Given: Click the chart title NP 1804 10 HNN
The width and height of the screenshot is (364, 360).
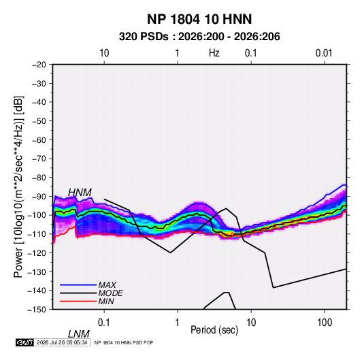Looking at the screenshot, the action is point(199,19).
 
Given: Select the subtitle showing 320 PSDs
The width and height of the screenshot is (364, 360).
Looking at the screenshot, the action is point(199,37).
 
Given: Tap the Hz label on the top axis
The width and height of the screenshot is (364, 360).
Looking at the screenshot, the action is point(214,53).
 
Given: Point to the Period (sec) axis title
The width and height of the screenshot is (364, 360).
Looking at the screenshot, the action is point(214,330).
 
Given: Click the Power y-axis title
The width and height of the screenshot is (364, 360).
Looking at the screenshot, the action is point(18,186).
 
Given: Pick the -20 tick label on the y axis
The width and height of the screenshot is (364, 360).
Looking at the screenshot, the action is point(39,65).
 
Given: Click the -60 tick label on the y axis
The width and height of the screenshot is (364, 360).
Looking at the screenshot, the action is point(39,140).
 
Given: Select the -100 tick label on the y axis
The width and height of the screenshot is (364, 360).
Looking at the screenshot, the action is point(37,215).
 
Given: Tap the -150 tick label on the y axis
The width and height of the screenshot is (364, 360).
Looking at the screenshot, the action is point(37,310).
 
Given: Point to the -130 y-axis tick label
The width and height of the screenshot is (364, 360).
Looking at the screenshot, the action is point(37,272).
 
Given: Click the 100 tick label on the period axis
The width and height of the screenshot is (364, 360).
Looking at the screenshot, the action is point(325,322).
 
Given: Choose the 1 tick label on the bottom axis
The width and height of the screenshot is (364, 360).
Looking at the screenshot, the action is point(178,322).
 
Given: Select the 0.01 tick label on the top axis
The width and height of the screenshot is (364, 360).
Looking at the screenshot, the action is point(324,53).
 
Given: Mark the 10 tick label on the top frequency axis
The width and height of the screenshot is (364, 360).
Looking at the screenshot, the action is point(104,53).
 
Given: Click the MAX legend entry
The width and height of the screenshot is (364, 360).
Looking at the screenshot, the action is point(107,284).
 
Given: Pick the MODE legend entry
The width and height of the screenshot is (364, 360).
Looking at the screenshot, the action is point(110,293).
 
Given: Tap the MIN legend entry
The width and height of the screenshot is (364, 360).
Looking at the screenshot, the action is point(106,301).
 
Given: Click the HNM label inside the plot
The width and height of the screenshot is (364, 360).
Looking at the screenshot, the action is point(80,193).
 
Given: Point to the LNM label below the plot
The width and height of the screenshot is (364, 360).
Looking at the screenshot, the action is point(79,334).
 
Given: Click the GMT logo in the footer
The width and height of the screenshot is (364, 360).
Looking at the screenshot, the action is point(24,342).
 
